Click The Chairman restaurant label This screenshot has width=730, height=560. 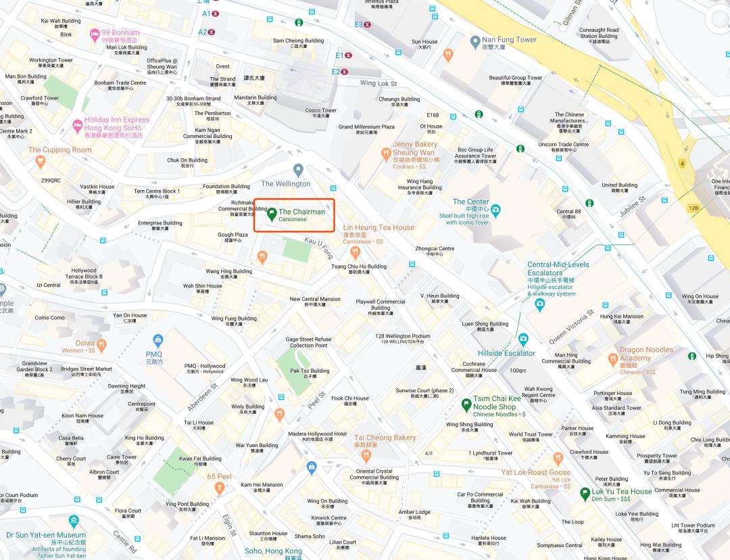point(301,212)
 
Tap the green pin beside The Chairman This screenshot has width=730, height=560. point(271,214)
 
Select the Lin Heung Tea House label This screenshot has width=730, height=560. point(379,228)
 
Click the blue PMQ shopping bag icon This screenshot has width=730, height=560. point(158,339)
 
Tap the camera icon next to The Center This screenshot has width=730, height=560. point(495,210)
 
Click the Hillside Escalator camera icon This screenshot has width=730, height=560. point(522,338)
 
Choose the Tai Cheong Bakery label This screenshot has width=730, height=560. point(385,438)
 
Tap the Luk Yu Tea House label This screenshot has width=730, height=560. point(622,492)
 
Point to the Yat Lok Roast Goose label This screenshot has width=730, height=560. point(535,472)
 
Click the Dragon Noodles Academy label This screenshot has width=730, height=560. point(646,354)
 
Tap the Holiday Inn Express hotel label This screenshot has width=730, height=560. point(116,124)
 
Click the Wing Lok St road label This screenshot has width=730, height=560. point(378,83)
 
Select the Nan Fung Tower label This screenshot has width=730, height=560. point(509,39)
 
